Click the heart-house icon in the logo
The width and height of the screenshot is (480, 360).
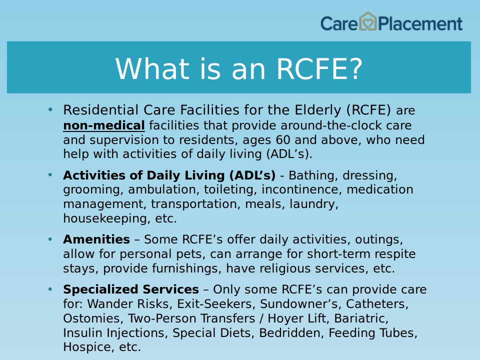tap(367, 21)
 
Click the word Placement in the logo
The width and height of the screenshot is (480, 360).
tap(420, 24)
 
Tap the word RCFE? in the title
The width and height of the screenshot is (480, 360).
tap(319, 68)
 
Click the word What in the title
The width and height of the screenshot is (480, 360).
tap(152, 68)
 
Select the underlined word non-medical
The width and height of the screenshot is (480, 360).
tap(104, 125)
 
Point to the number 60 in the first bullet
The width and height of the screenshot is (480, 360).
tap(283, 140)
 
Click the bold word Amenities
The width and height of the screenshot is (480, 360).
tap(96, 239)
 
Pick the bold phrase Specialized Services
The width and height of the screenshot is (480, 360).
tap(131, 289)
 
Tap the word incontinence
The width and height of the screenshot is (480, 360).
tap(301, 189)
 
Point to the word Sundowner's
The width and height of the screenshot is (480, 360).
tap(301, 304)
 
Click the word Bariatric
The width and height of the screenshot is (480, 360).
tap(361, 318)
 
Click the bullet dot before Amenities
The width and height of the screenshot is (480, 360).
tap(50, 239)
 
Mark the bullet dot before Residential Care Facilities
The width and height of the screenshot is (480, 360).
tap(50, 109)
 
